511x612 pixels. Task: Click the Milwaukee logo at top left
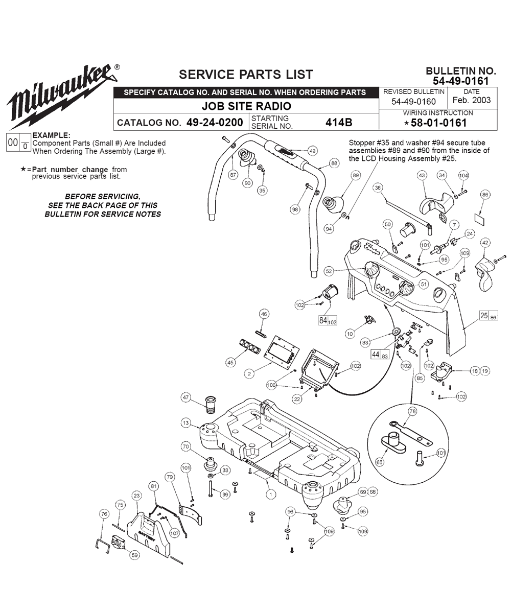pos(62,96)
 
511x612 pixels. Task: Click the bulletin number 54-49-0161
pos(460,81)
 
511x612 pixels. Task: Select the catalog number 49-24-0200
pos(215,122)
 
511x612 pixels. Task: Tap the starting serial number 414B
pos(339,122)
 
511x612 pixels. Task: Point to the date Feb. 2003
pos(472,100)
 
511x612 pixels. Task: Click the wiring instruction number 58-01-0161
pos(439,123)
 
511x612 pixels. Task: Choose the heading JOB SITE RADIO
pos(246,106)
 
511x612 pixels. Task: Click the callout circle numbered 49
pos(312,151)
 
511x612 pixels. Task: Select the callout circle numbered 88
pos(334,163)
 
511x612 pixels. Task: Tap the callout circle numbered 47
pos(186,397)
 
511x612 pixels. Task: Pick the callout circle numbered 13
pos(186,422)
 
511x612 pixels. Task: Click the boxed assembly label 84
pos(328,320)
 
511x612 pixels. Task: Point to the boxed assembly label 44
pos(380,355)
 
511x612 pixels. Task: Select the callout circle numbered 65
pos(380,462)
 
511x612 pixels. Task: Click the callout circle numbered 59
pos(135,555)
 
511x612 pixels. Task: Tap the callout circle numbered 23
pos(136,496)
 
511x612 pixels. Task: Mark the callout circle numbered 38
pos(378,187)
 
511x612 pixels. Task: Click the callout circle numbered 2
pos(249,373)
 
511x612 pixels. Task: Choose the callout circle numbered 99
pos(225,495)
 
